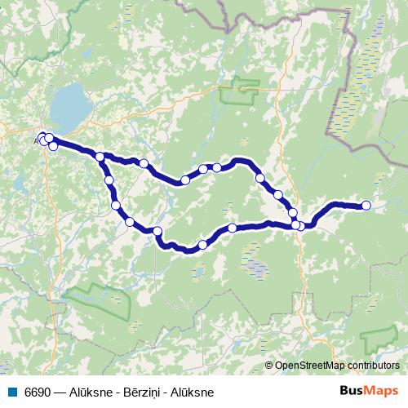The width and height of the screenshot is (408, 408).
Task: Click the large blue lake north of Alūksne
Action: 70,104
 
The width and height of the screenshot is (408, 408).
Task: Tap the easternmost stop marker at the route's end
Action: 366,206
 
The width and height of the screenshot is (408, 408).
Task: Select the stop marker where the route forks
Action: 100,157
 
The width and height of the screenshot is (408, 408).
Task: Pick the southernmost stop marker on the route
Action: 203,245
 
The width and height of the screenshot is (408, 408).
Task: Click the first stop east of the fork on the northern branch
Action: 144,163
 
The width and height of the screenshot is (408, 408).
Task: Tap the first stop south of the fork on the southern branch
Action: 109,180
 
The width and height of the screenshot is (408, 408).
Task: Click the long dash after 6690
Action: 59,392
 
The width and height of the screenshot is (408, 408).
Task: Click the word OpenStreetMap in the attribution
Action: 306,366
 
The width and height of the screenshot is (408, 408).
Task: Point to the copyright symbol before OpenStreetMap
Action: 269,366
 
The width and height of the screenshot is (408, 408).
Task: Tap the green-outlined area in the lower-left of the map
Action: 102,302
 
